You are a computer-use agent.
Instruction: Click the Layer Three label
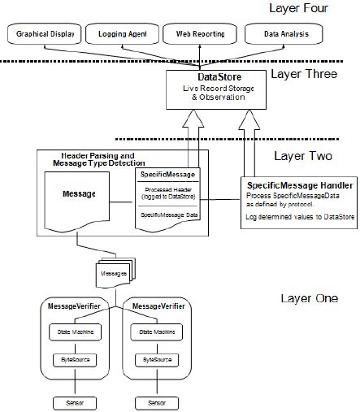tap(301, 76)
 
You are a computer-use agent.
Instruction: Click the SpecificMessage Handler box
tap(298, 200)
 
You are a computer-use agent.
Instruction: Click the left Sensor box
tap(74, 401)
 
